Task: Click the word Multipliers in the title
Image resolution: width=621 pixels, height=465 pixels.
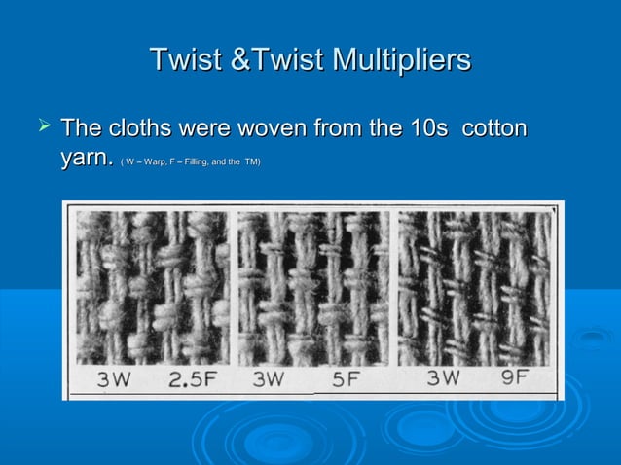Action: pyautogui.click(x=400, y=60)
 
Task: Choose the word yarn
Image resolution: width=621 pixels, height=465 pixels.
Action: pyautogui.click(x=87, y=159)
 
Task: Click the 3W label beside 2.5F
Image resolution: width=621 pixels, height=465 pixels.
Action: pyautogui.click(x=113, y=381)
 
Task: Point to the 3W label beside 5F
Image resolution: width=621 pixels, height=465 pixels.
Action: pyautogui.click(x=269, y=381)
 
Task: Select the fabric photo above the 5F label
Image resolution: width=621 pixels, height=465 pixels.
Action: pyautogui.click(x=313, y=288)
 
